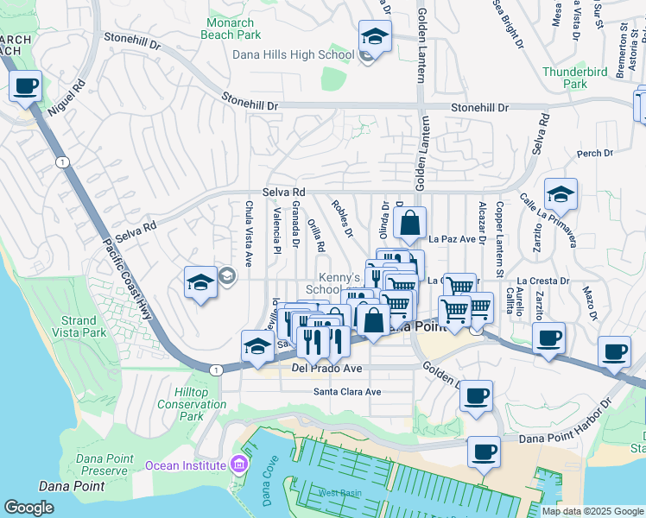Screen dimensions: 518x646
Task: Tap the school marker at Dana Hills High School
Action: [374, 37]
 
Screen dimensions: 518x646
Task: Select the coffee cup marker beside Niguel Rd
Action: [26, 86]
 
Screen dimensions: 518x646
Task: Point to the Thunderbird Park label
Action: [565, 78]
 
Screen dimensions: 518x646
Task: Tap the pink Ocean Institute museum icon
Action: [239, 465]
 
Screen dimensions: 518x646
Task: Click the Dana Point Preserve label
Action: [104, 464]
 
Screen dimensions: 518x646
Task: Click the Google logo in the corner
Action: [28, 508]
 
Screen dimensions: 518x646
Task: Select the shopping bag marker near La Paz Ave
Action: [410, 222]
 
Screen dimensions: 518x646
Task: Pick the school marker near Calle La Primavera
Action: [560, 195]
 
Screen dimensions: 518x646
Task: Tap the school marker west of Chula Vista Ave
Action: [200, 282]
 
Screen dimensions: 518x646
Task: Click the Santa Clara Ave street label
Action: [346, 391]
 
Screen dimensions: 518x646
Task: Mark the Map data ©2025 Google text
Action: [592, 511]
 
